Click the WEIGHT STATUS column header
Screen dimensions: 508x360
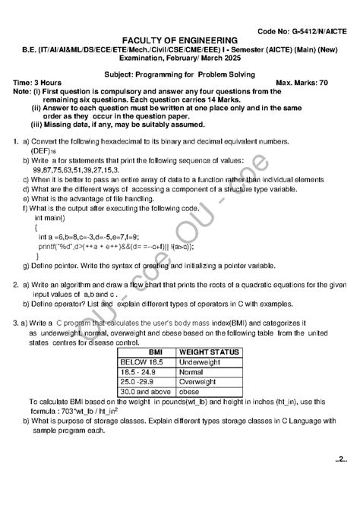pos(208,352)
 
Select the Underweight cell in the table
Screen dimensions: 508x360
pos(200,362)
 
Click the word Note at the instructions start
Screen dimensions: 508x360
pos(22,90)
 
